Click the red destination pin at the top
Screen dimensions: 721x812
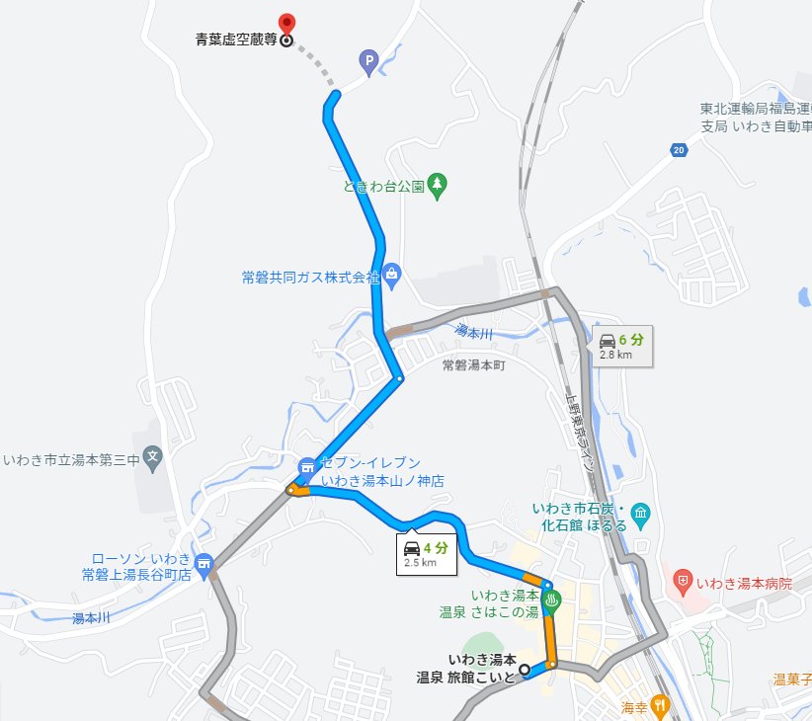point(286,24)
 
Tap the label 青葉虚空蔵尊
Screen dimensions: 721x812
point(236,41)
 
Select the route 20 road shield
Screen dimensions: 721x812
point(677,150)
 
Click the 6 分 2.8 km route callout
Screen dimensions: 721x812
point(621,347)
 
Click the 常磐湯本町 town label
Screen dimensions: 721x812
point(473,365)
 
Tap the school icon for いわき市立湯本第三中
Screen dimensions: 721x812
point(152,456)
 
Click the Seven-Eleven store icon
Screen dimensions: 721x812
point(307,464)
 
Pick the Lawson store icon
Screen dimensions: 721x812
point(203,564)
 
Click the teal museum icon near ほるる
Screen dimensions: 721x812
point(641,513)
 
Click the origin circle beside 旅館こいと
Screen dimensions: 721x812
point(526,671)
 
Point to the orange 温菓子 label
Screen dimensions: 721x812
point(792,680)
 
